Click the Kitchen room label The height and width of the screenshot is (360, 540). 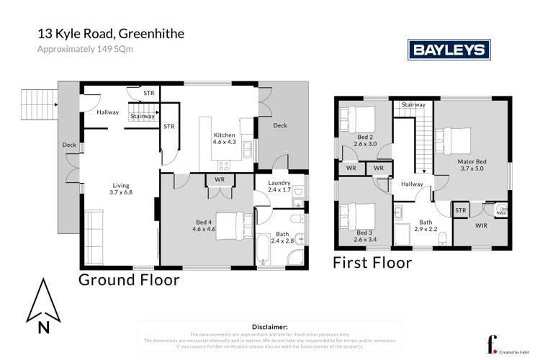(223, 138)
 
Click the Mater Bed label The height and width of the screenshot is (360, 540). (472, 166)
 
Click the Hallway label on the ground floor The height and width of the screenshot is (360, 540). (108, 113)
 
